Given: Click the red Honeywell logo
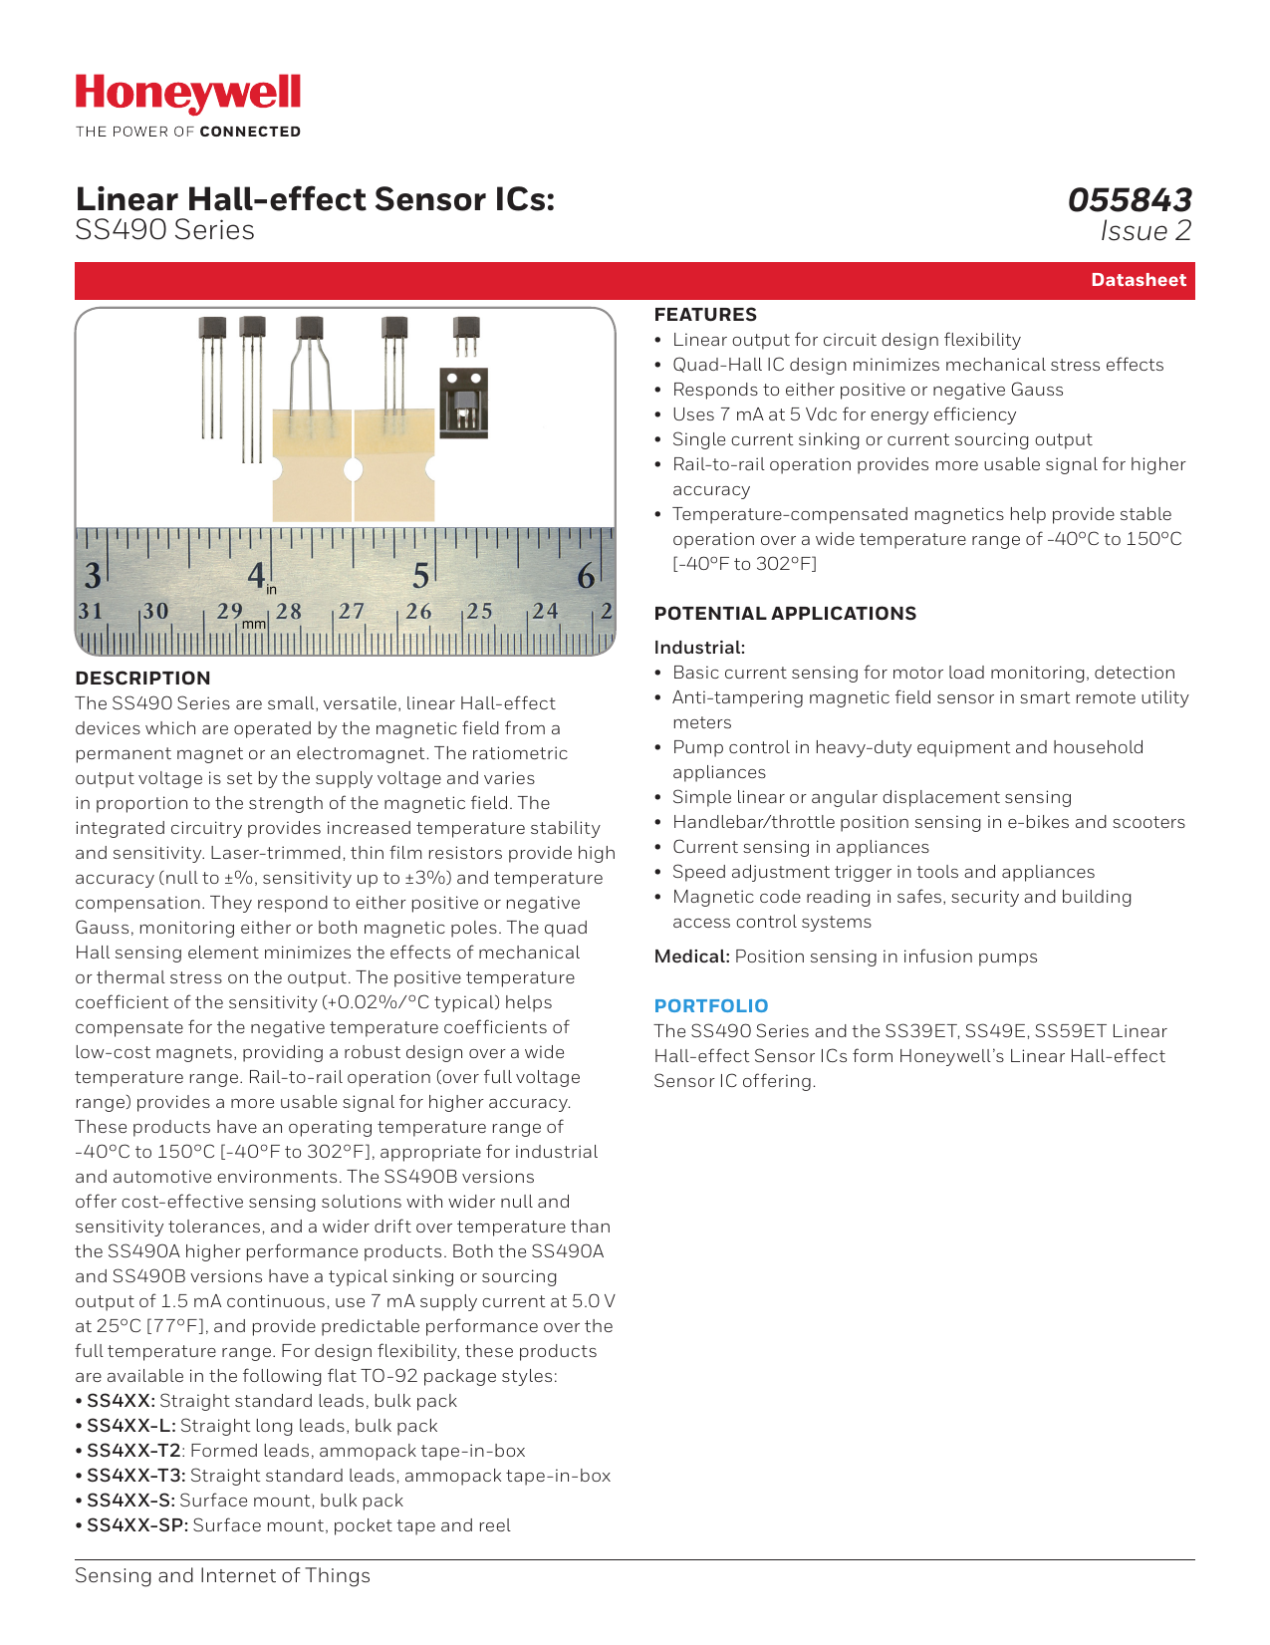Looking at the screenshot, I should (x=187, y=94).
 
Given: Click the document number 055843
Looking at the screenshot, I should (x=1129, y=200).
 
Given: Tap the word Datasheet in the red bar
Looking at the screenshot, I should (x=1138, y=280).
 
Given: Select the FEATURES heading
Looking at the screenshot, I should (x=705, y=315).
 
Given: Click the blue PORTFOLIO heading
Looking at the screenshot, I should (x=711, y=1006).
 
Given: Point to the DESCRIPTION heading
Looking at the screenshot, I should (x=142, y=679).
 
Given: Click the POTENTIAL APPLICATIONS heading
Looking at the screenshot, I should (x=785, y=614).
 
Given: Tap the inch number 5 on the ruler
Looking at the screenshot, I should (x=420, y=576).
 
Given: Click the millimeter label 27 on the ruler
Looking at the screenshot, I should (x=352, y=611).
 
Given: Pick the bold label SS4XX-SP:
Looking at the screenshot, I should (x=137, y=1525).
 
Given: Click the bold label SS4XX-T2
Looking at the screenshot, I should (x=133, y=1451).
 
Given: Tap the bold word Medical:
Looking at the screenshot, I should (x=692, y=957).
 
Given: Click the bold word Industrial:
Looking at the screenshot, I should (x=699, y=648).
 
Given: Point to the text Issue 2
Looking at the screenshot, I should (x=1145, y=231).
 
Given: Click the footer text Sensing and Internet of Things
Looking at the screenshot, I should (x=222, y=1575).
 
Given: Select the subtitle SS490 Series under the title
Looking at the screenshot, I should (x=164, y=230).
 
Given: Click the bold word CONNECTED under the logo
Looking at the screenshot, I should (x=250, y=132).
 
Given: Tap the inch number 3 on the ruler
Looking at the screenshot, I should (x=92, y=576).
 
